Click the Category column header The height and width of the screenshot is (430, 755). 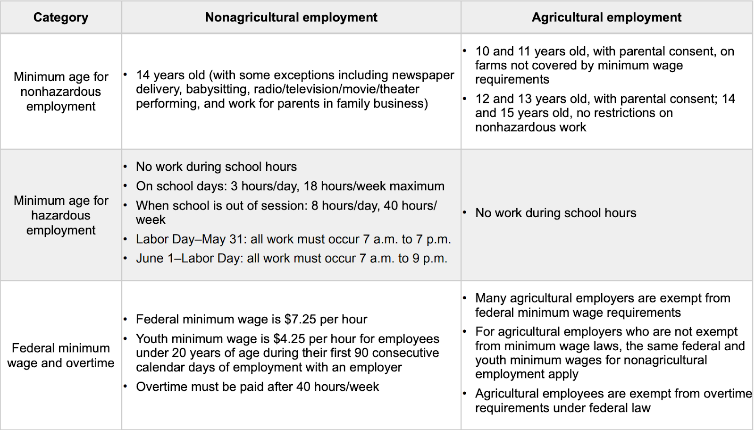[x=60, y=17]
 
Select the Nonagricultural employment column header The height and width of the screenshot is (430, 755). [x=291, y=17]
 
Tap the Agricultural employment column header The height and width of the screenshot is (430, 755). [x=606, y=17]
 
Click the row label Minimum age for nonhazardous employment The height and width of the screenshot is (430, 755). [x=61, y=92]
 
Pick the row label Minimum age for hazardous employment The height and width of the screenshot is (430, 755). [x=61, y=215]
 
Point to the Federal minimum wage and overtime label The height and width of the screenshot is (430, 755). [x=61, y=355]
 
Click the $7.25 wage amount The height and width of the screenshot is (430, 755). [x=300, y=320]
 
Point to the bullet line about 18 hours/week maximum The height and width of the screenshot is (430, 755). [x=290, y=186]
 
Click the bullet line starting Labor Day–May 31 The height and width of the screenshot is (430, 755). [x=293, y=239]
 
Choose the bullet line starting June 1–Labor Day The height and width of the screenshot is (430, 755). [x=291, y=259]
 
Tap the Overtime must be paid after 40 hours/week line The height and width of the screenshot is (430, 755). [x=257, y=387]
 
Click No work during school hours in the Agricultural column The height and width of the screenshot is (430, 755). [x=555, y=213]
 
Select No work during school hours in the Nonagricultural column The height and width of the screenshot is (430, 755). [x=216, y=167]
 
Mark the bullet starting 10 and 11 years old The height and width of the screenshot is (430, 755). [x=604, y=65]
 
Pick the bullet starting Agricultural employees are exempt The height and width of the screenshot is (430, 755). [x=613, y=401]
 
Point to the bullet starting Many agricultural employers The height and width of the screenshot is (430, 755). [x=602, y=305]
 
